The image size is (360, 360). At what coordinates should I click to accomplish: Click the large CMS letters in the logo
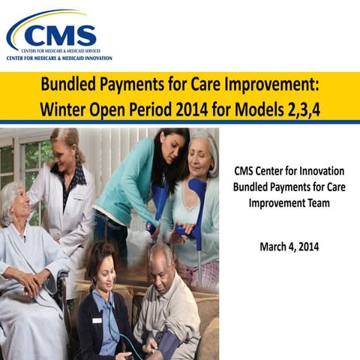(61, 34)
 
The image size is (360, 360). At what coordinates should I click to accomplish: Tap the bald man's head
(158, 259)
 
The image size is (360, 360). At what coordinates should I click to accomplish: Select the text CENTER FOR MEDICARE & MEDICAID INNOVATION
(59, 58)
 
